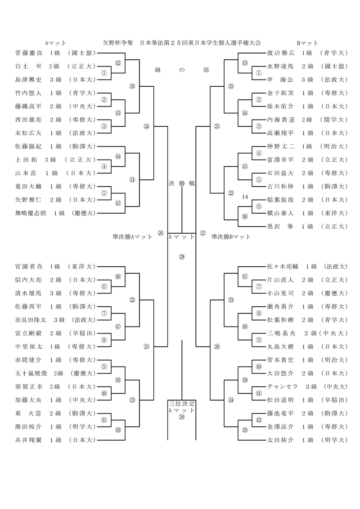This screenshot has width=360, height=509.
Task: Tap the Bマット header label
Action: coord(307,43)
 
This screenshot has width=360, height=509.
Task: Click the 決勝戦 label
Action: coord(181,183)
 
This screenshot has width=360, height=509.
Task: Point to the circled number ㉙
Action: coord(182,257)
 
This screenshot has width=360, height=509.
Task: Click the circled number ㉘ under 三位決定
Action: coord(182,417)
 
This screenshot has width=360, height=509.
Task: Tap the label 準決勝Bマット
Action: coord(230,236)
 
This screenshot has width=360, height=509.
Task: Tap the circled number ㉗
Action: coord(203,233)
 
